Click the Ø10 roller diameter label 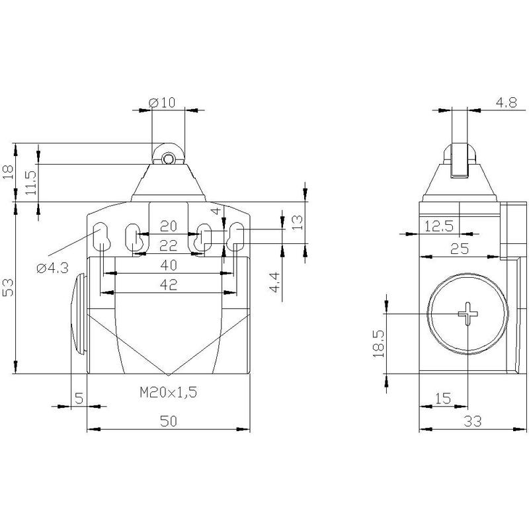point(162,102)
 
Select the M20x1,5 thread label point(169,392)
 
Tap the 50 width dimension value point(169,421)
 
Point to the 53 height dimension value point(8,287)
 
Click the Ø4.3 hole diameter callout point(53,268)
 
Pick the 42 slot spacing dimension point(169,285)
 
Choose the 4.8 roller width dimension point(506,102)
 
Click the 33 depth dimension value point(472,421)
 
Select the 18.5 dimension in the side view point(378,343)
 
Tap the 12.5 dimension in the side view point(438,226)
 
